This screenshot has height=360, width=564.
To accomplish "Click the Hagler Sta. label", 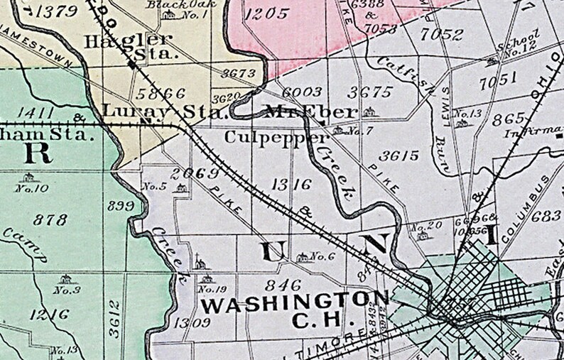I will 129,45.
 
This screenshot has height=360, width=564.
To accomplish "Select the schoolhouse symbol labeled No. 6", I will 303,256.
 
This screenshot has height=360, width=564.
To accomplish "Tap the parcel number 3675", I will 371,92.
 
